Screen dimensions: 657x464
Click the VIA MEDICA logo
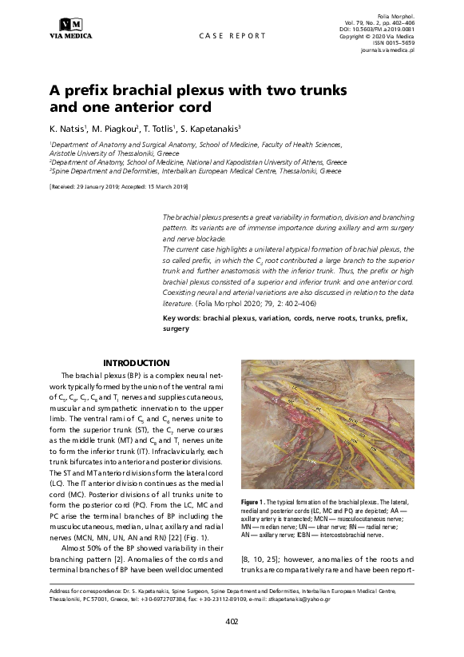71,28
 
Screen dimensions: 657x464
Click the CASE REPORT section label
232,36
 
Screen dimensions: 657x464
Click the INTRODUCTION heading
137,363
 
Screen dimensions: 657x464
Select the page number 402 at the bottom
232,620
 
